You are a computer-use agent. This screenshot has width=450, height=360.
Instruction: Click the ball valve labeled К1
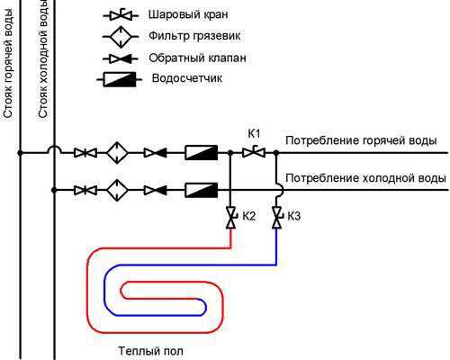coord(254,152)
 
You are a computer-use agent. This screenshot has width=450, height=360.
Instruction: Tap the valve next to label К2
coord(230,217)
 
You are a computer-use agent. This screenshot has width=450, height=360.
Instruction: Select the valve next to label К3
coord(277,217)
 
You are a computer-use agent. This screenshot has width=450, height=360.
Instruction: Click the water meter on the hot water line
coord(201,152)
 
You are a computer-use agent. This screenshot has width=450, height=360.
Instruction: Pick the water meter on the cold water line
coord(201,190)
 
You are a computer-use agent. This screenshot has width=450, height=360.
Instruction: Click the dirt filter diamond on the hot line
coord(117,153)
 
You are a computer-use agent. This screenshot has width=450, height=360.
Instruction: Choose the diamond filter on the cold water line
coord(117,190)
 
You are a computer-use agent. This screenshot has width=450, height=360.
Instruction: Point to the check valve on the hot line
coord(156,153)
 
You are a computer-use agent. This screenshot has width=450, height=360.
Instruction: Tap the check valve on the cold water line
coord(156,190)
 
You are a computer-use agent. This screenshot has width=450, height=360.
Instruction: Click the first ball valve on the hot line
coord(85,153)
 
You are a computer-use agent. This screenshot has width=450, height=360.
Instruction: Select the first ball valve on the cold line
coord(85,190)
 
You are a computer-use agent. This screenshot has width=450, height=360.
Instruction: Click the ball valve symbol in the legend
coord(121,15)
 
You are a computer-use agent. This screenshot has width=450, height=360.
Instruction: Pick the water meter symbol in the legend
coord(120,79)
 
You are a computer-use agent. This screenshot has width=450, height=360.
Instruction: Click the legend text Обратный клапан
coord(197,58)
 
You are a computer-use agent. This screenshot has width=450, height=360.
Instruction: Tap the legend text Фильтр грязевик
coord(194,36)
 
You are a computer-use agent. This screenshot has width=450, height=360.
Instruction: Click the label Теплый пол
coord(150,351)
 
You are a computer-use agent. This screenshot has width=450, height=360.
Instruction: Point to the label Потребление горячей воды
coord(361,140)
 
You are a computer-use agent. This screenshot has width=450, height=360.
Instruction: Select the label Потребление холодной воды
coord(365,178)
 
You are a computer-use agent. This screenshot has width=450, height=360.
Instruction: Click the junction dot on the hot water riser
coord(20,153)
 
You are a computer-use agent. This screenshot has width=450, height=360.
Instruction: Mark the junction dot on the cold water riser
coord(54,190)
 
